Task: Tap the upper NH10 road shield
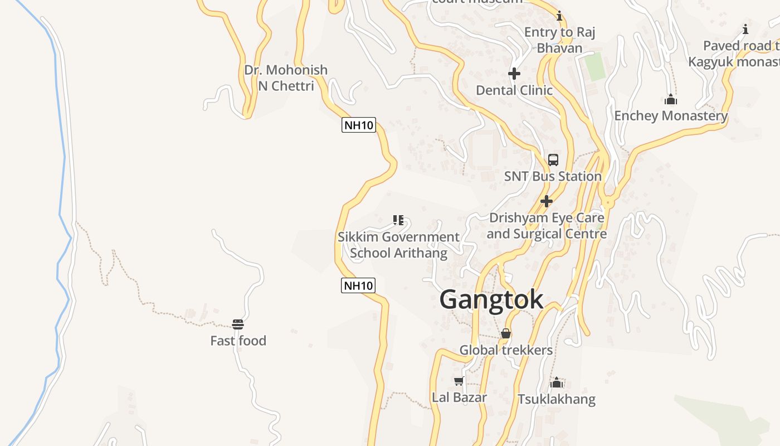(x=358, y=125)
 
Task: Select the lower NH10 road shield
(x=358, y=286)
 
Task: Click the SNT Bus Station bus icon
(x=553, y=160)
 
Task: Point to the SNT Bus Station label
(x=553, y=176)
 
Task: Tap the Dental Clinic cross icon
(x=514, y=74)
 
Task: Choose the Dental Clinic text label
(x=514, y=90)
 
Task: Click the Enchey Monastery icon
(x=671, y=100)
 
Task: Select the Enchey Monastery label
(x=671, y=116)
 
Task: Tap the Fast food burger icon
(x=238, y=324)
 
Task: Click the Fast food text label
(x=238, y=341)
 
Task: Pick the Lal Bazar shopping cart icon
(x=459, y=381)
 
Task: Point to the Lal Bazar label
(x=459, y=397)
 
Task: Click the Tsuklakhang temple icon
(x=556, y=383)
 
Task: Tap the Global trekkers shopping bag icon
(x=506, y=334)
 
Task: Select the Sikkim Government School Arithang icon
(x=398, y=220)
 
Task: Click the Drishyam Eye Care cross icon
(x=547, y=201)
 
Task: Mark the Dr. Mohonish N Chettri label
(x=286, y=78)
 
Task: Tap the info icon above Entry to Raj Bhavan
(x=559, y=16)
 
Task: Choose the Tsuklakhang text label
(x=556, y=399)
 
